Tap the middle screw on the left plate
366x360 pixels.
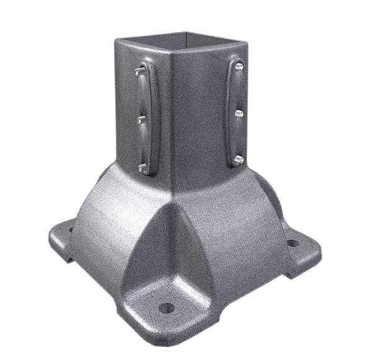point(141,120)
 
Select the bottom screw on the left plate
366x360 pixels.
point(142,166)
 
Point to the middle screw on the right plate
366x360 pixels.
point(238,113)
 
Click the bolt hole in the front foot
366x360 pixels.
point(165,307)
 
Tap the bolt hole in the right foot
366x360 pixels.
point(292,243)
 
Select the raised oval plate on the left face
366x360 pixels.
point(148,118)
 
